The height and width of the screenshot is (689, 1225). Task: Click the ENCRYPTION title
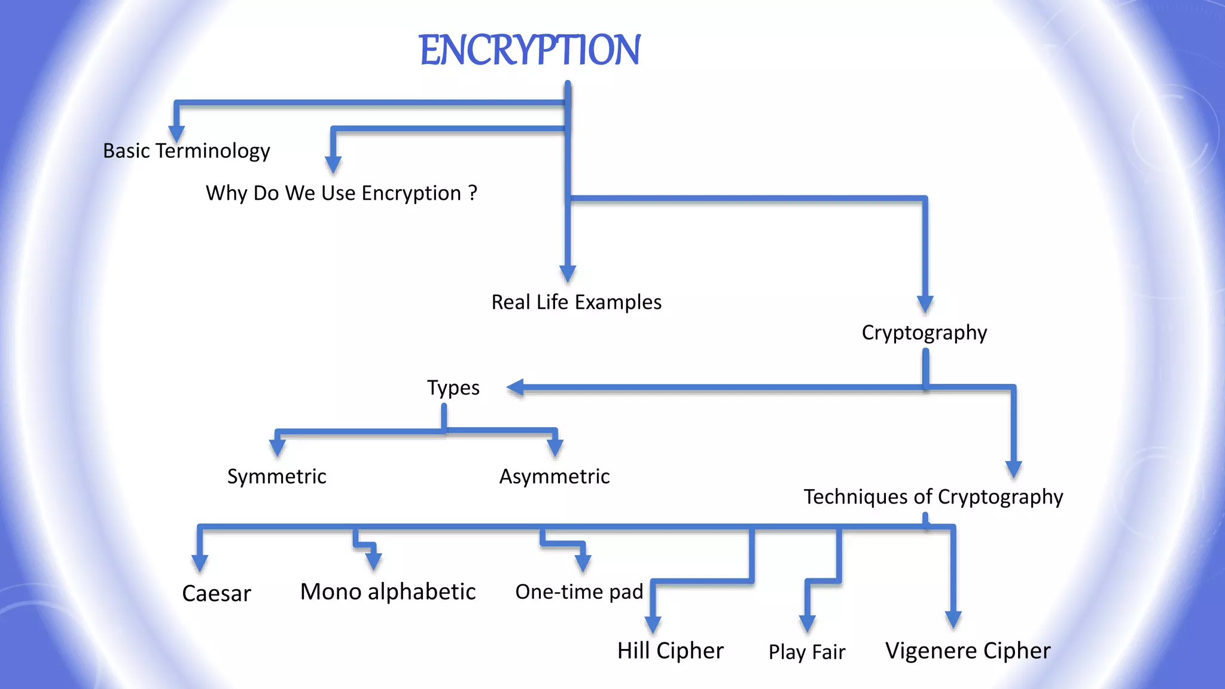click(529, 50)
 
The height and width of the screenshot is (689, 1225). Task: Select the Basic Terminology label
click(186, 151)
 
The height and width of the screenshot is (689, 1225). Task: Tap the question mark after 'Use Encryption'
click(473, 193)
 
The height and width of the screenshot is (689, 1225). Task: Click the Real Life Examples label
click(576, 302)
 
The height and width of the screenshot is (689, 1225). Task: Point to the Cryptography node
click(924, 333)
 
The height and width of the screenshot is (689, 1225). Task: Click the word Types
click(453, 388)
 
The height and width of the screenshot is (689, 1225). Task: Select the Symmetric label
click(276, 477)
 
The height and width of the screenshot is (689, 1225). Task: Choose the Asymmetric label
click(554, 477)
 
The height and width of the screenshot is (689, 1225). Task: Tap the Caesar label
click(216, 593)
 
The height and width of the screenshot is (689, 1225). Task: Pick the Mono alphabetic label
click(388, 592)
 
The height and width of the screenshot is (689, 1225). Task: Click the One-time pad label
click(578, 592)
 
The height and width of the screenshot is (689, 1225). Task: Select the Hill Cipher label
click(670, 651)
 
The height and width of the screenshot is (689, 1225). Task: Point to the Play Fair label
click(806, 652)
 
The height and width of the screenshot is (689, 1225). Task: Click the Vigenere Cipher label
click(967, 651)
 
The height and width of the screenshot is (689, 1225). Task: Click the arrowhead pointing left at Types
click(516, 388)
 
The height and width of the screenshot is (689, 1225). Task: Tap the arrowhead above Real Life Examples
click(567, 273)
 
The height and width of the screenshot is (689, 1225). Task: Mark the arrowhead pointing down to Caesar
click(200, 563)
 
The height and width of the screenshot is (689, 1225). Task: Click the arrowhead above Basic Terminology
click(176, 133)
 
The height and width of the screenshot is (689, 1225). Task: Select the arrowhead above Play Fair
click(807, 623)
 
